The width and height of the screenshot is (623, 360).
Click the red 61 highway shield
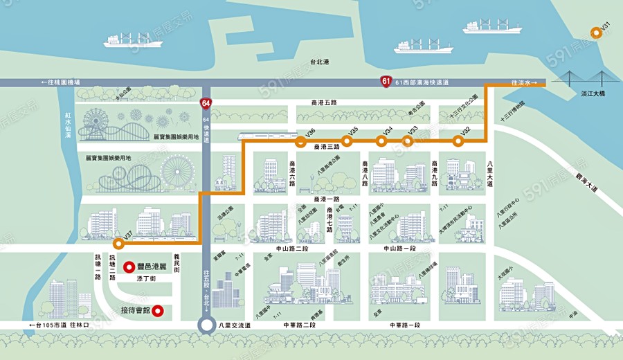pos(386,82)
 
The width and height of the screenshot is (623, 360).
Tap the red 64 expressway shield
pos(206,104)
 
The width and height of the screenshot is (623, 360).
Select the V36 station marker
pos(300,143)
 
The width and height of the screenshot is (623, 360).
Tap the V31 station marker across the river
pos(595,33)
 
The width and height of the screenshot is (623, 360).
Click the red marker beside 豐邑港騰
pos(128,266)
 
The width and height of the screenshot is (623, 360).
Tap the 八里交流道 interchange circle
pos(206,325)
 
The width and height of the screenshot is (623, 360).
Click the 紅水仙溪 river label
pos(68,125)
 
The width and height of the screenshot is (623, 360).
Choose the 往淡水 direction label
pos(524,82)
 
